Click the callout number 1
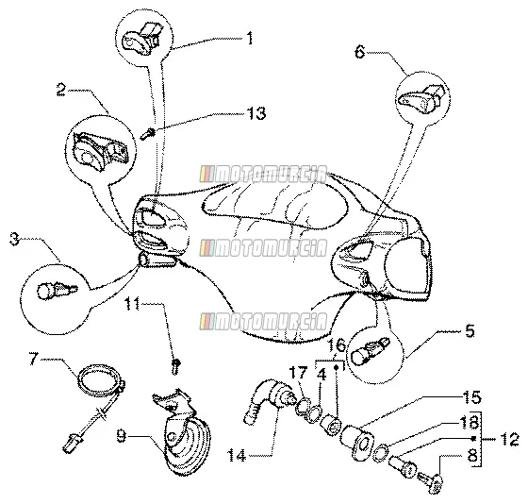coord(250,38)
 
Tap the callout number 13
coord(256,113)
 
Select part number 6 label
coord(360,52)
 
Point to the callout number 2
coord(61,90)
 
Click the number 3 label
coord(14,239)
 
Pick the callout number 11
coord(132,304)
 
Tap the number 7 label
coord(33,359)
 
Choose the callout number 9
coord(122,436)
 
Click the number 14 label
coord(237,456)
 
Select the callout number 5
coord(470,330)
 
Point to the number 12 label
coord(509,439)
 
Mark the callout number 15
coord(473,397)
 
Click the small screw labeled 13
coord(147,134)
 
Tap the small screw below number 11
coord(175,366)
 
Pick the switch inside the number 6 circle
coord(422,98)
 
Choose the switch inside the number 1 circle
coord(140,38)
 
